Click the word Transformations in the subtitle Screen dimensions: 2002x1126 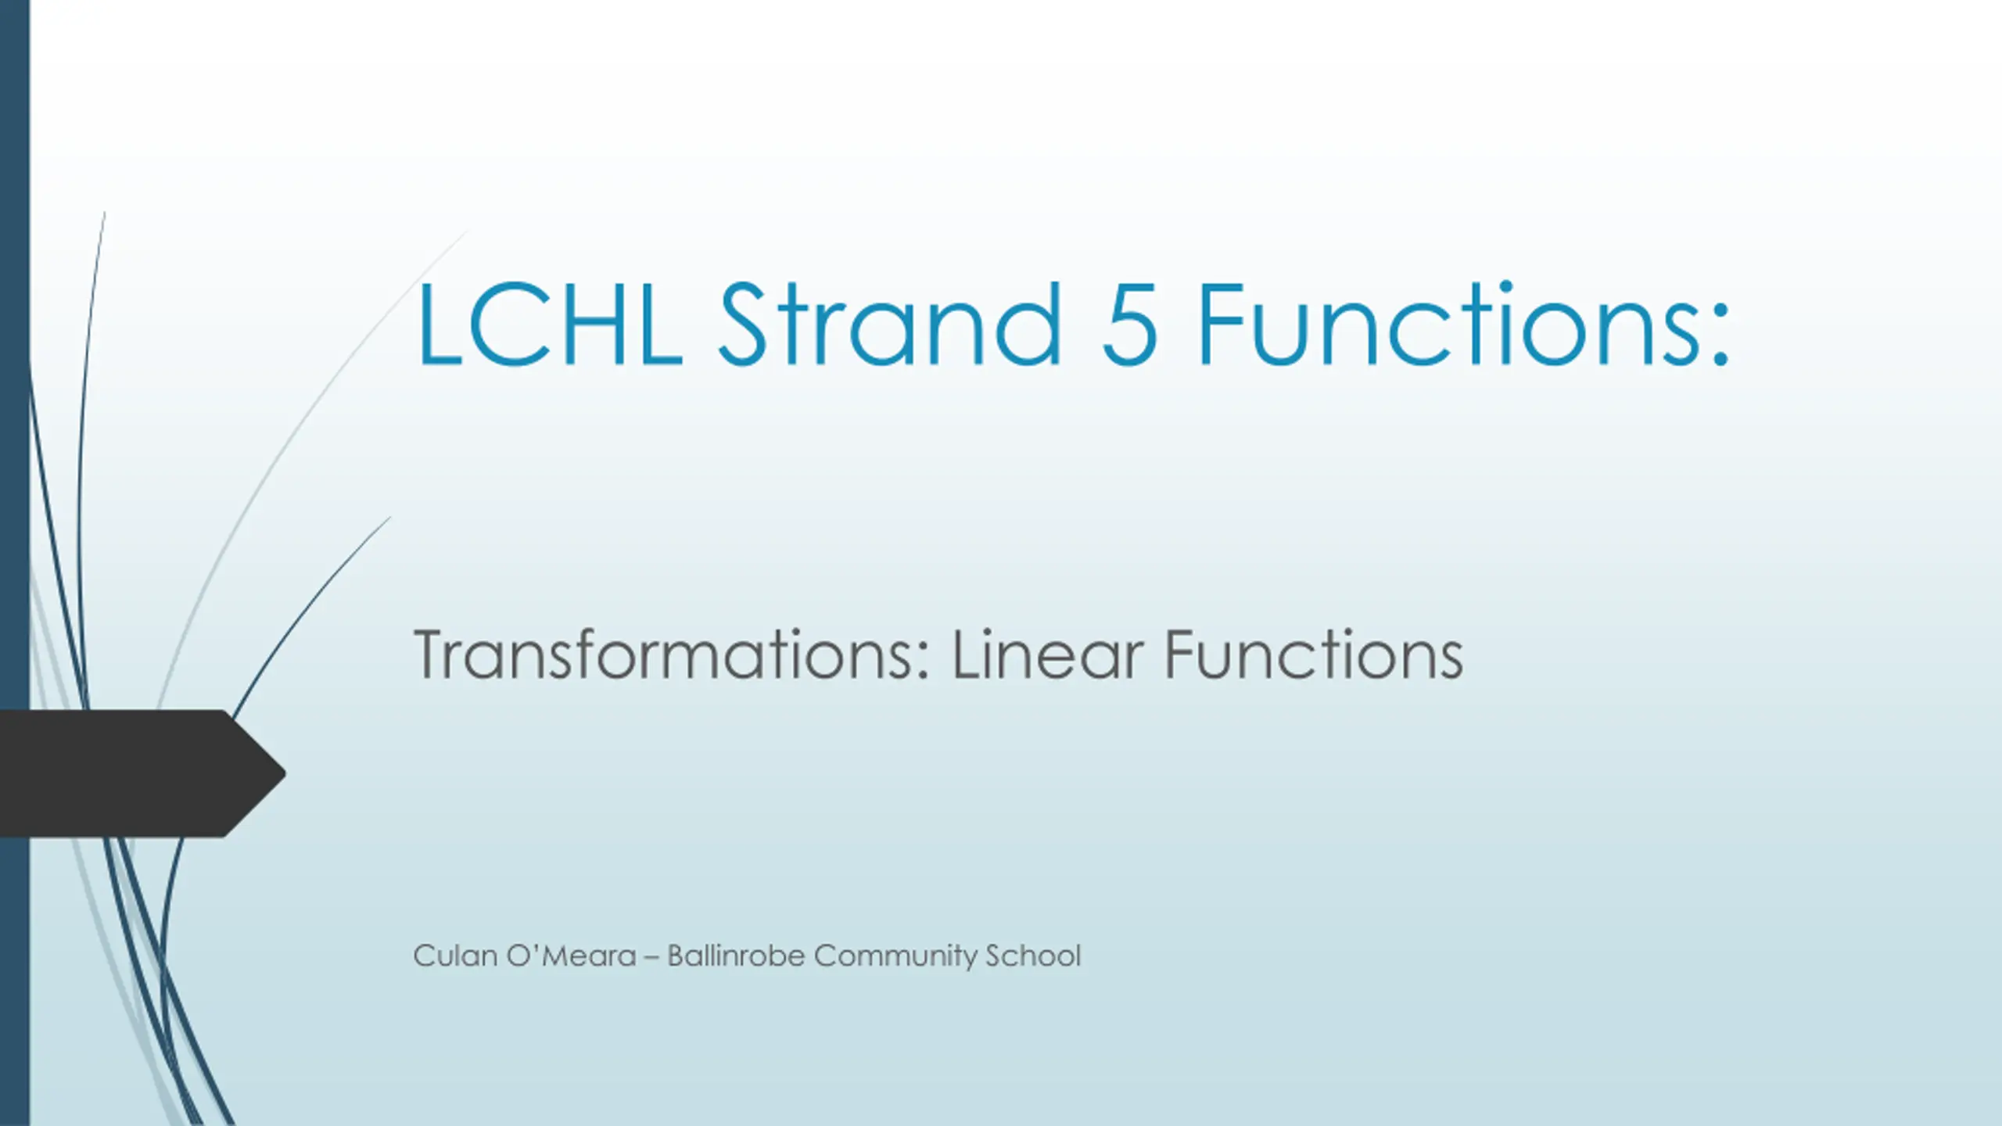click(x=664, y=654)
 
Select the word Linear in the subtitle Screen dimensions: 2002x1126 click(x=1048, y=654)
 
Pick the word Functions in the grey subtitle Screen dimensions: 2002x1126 click(x=1314, y=654)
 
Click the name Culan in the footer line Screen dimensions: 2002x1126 click(x=455, y=956)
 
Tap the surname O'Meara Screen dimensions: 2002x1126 click(x=572, y=956)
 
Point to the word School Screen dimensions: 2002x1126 click(x=1033, y=956)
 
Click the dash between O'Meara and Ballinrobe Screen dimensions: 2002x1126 click(x=651, y=958)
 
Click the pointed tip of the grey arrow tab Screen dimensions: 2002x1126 click(x=285, y=773)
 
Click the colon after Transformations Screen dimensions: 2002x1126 click(x=925, y=662)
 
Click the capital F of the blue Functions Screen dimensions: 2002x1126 click(x=1222, y=324)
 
